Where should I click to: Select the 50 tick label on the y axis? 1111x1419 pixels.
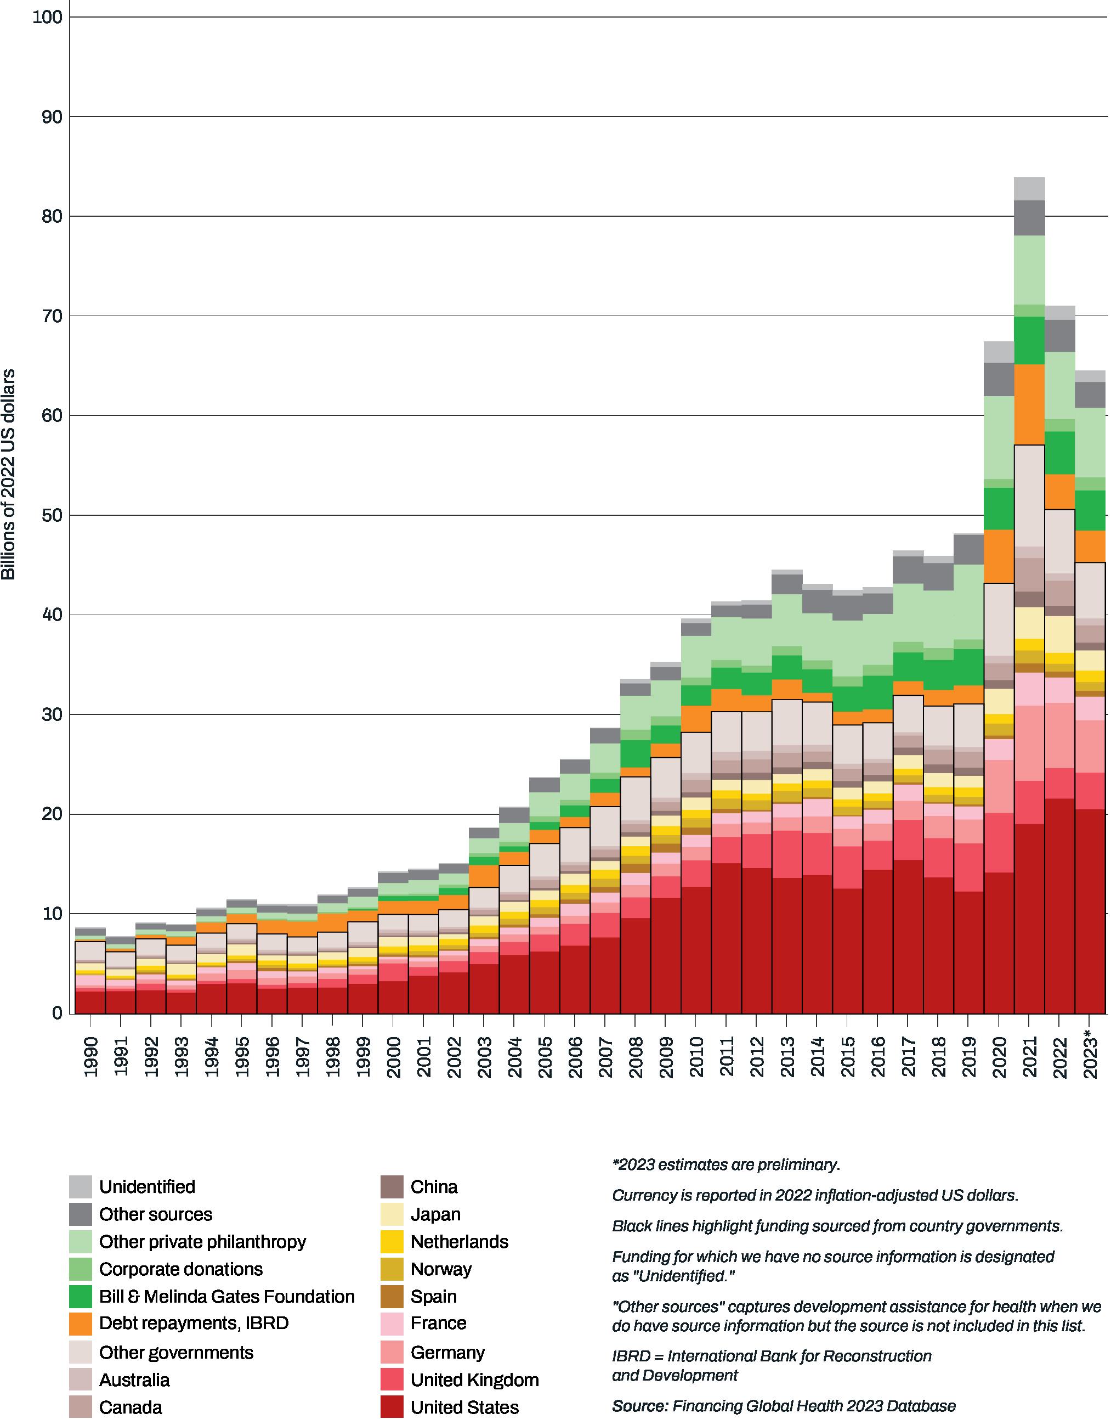pos(51,516)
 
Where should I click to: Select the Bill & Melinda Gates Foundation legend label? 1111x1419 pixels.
pos(226,1297)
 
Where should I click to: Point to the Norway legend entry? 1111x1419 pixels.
pos(441,1269)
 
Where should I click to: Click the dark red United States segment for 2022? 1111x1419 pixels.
pos(1060,905)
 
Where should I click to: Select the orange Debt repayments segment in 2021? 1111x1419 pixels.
pos(1030,404)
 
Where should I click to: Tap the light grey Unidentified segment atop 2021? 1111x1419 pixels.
pos(1030,189)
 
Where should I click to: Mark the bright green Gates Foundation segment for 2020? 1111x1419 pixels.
pos(999,508)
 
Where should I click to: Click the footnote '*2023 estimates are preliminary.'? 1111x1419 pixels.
pos(726,1164)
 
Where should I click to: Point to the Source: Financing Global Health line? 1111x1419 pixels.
pos(784,1405)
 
